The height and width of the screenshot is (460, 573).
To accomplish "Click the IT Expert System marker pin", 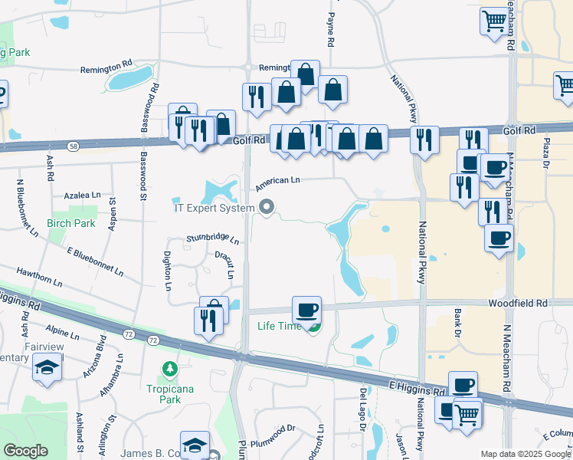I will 267,207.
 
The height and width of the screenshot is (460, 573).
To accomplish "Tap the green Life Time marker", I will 313,328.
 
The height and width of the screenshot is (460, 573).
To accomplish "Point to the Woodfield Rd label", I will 519,304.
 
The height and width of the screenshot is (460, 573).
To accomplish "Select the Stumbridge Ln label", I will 213,240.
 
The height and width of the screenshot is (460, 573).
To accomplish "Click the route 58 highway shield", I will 72,145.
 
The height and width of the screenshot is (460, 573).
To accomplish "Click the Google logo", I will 25,451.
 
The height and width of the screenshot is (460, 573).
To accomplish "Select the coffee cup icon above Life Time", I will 306,310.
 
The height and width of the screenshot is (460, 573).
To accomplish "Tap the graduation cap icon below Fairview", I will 47,369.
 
